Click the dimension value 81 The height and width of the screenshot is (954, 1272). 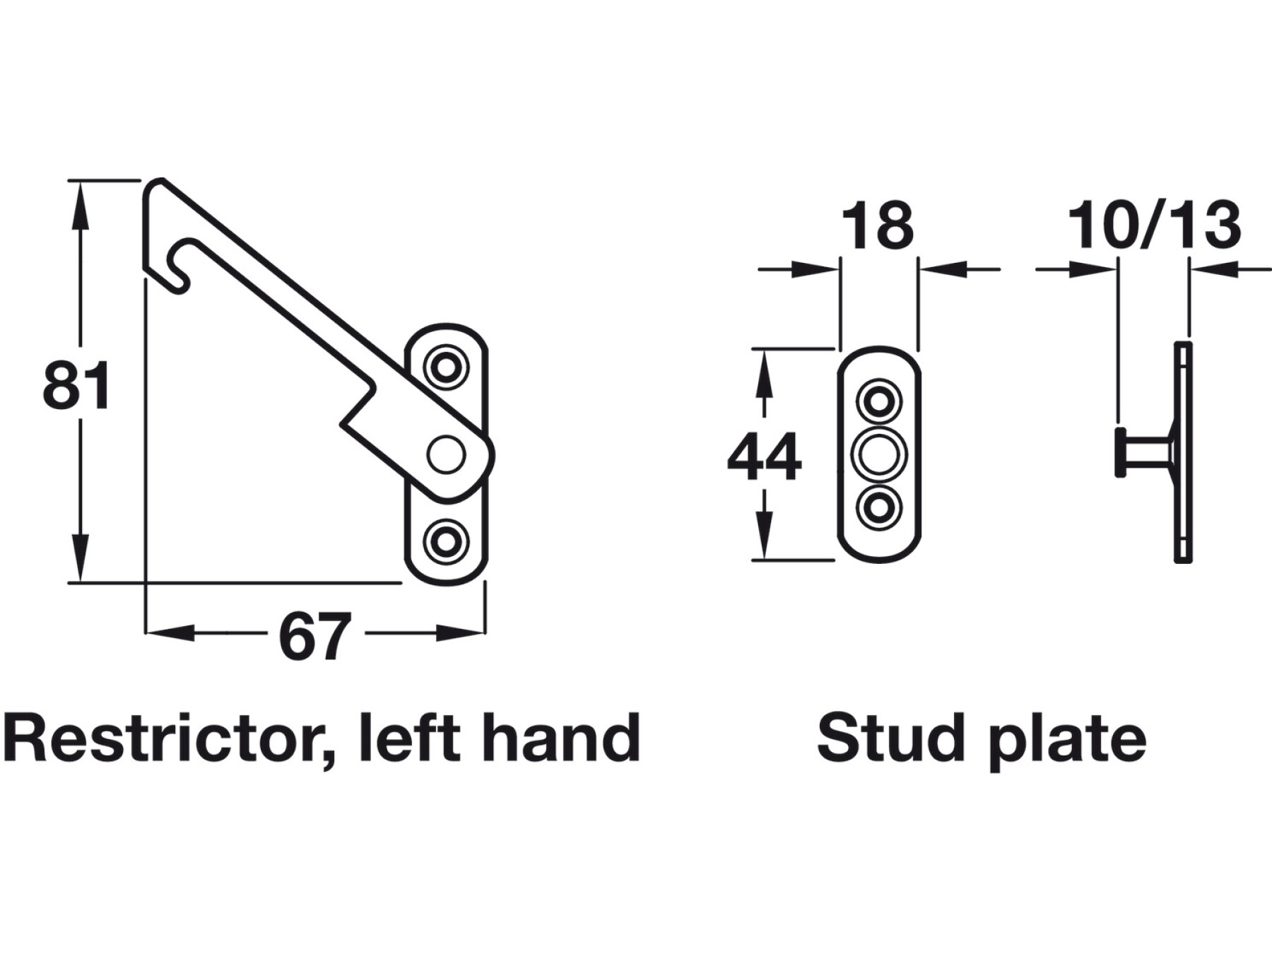[76, 385]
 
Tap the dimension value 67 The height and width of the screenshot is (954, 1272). [315, 636]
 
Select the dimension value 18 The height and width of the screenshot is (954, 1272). [878, 226]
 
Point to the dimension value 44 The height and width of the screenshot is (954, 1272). [765, 457]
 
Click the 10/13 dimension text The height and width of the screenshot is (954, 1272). [1154, 225]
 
